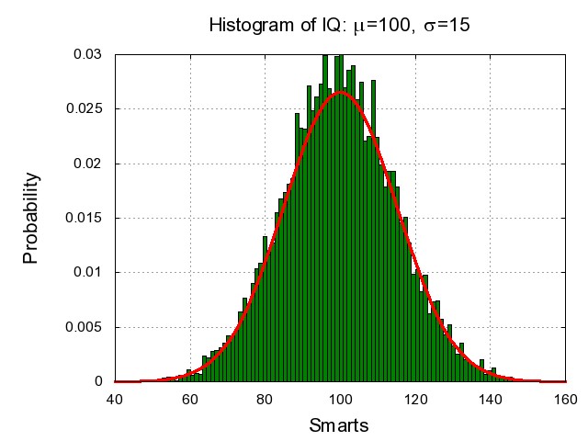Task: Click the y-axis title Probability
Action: point(30,218)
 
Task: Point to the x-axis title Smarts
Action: point(340,426)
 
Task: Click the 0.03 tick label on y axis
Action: point(88,54)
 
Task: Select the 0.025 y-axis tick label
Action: point(85,109)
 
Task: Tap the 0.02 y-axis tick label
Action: point(88,164)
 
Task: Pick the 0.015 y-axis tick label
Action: point(85,218)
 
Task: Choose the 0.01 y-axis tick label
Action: point(88,272)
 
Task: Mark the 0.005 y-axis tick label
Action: point(85,327)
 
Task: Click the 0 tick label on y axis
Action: point(98,381)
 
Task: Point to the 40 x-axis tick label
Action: point(115,400)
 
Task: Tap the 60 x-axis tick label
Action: point(190,400)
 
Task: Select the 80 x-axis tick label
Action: point(265,400)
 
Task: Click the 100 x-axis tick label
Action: point(340,400)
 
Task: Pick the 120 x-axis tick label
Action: point(415,400)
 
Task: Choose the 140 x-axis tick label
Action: point(491,400)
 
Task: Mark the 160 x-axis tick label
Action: point(565,400)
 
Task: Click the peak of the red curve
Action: point(340,92)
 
